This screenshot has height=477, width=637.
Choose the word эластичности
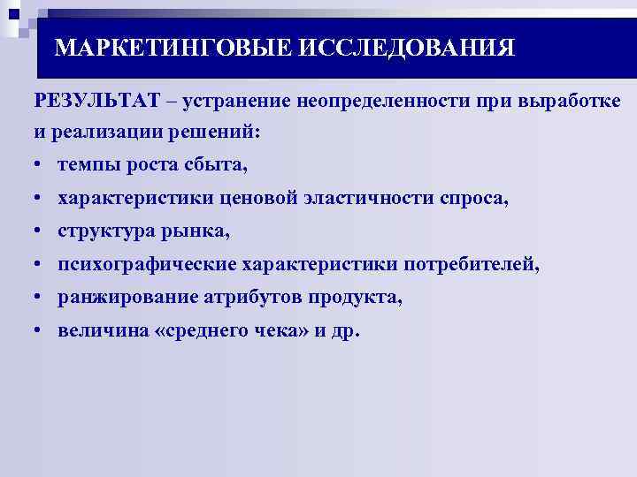coord(371,199)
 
